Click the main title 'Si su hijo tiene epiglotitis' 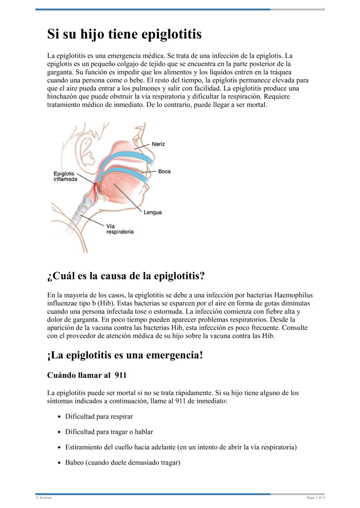[125, 35]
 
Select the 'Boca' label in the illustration [165, 171]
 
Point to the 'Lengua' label [153, 212]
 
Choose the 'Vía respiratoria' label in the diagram [120, 229]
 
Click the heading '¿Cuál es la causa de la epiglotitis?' [126, 275]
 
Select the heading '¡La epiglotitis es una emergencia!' [125, 355]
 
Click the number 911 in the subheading [121, 375]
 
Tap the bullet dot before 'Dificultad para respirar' [59, 417]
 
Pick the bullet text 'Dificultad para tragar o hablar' [109, 432]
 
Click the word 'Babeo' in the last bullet [74, 462]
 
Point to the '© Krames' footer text [44, 498]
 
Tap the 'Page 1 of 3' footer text [315, 498]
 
